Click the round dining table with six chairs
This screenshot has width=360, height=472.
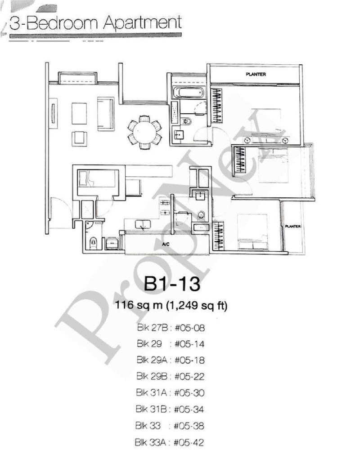(144, 132)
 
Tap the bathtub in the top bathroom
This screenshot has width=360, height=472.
(189, 94)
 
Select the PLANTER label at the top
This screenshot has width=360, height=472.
(255, 74)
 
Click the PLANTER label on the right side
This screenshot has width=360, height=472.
(292, 227)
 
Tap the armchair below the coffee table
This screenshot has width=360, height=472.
(79, 138)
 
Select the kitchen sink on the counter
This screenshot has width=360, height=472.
(143, 223)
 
